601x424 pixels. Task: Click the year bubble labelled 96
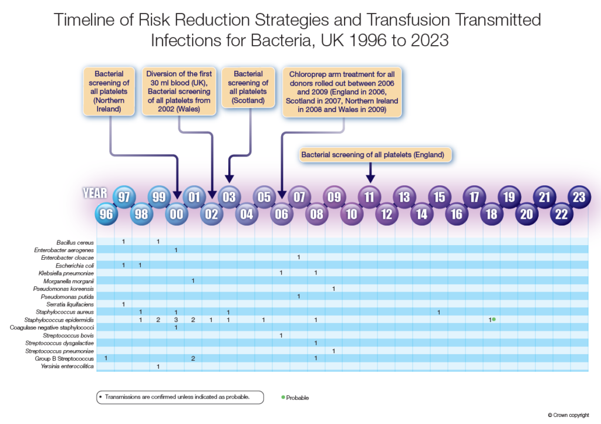[106, 213]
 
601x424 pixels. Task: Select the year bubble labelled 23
[579, 197]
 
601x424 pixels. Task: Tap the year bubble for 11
[369, 197]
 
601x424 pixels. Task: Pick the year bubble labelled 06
[281, 213]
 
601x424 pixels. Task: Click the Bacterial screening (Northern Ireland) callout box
[109, 91]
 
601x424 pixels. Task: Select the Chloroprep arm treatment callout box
[342, 92]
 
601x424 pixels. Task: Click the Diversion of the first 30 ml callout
[179, 91]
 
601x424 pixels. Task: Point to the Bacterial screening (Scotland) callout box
[248, 87]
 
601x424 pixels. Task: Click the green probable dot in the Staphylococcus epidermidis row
[494, 319]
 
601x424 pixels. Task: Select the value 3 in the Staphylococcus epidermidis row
[176, 320]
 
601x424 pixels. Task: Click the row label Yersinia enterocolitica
[67, 367]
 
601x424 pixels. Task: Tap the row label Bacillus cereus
[75, 242]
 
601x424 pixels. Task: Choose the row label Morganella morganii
[69, 281]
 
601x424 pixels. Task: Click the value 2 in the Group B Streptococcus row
[193, 358]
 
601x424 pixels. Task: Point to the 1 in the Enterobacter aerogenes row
[176, 250]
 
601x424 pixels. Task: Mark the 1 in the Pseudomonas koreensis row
[333, 289]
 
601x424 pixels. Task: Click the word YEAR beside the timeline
[95, 193]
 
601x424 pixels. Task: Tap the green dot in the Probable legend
[283, 397]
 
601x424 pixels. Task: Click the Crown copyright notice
[568, 415]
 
